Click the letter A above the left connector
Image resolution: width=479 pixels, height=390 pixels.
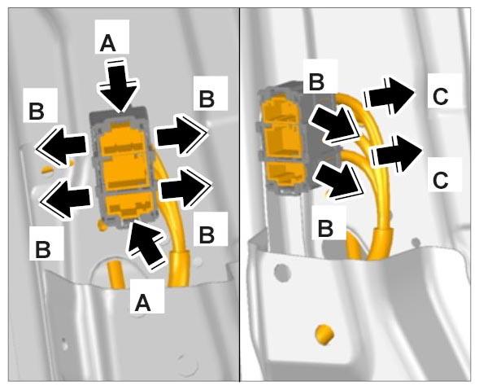108,43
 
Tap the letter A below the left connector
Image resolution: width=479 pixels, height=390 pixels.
143,304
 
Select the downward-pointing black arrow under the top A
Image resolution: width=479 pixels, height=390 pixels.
118,85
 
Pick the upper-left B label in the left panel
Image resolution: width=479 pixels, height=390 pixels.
37,112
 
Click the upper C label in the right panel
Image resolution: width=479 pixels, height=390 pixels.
441,96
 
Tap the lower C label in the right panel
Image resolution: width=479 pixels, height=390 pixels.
441,181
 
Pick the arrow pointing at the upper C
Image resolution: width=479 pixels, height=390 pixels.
390,96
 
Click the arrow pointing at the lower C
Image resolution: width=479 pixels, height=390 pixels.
396,153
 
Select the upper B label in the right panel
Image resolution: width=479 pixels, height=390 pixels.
317,82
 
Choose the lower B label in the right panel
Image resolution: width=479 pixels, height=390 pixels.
325,229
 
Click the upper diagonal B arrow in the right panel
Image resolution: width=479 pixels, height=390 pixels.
335,124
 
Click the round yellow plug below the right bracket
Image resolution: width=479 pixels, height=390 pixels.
324,335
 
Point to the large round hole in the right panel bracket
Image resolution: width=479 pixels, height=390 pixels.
282,273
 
